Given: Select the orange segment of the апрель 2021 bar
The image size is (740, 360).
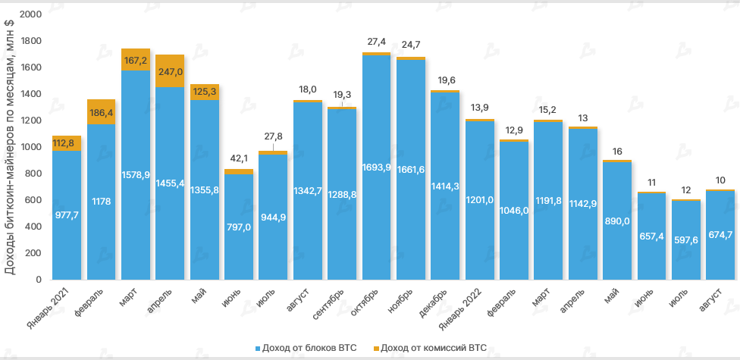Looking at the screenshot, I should pyautogui.click(x=170, y=71).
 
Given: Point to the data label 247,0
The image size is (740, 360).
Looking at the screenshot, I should pyautogui.click(x=170, y=72).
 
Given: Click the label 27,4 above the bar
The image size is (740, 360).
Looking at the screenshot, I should pyautogui.click(x=376, y=42).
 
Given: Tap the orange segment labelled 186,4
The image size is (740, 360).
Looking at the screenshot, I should pyautogui.click(x=102, y=111).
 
